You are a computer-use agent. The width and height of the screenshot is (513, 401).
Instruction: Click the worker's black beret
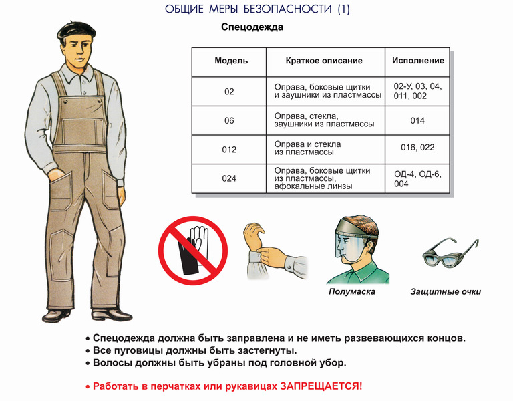[76, 31]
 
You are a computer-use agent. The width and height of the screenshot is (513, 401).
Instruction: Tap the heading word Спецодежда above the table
[252, 27]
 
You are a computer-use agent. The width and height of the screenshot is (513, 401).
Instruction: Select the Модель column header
[231, 61]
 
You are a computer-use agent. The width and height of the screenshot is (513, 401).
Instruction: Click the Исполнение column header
[417, 61]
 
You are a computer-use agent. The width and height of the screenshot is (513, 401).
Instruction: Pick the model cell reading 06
[229, 121]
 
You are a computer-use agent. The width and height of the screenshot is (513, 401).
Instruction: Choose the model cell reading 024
[229, 178]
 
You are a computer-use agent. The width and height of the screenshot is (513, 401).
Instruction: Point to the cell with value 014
[417, 121]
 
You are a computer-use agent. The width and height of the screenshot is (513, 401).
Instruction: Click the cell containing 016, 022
[417, 148]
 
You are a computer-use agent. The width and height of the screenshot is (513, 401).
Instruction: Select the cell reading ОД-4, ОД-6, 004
[417, 178]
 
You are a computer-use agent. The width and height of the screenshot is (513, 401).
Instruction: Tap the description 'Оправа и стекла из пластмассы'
[307, 148]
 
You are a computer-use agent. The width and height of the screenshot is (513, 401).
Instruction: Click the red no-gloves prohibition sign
[193, 251]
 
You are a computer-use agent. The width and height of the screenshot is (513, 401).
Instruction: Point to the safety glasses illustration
[450, 253]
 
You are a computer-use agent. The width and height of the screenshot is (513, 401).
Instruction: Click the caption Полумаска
[352, 291]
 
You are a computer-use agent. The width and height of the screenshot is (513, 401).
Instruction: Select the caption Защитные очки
[446, 291]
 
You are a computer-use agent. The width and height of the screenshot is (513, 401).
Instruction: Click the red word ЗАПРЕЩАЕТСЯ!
[321, 386]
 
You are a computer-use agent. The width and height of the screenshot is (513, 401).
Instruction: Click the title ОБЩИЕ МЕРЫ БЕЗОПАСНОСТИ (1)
[257, 9]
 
